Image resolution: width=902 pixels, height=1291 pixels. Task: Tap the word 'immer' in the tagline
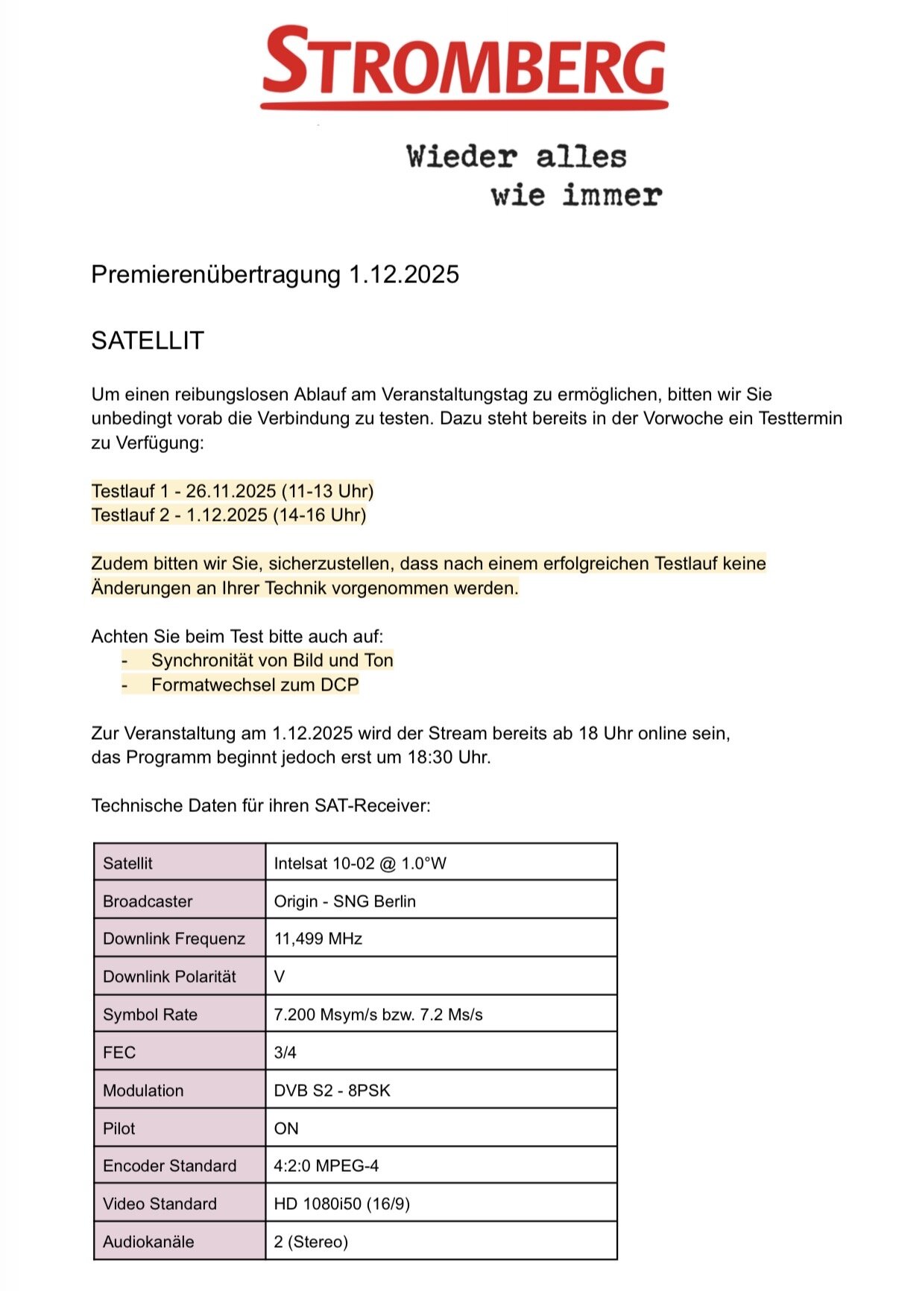pyautogui.click(x=611, y=195)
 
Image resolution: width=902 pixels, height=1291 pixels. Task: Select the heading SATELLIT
pyautogui.click(x=148, y=340)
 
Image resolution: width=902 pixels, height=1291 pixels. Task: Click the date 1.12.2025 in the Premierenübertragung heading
pyautogui.click(x=404, y=274)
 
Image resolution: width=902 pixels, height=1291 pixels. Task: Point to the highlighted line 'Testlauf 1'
pyautogui.click(x=233, y=491)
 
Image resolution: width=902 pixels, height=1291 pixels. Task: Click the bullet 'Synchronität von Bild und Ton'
pyautogui.click(x=272, y=660)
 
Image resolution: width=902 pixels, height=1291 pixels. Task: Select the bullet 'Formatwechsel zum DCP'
pyautogui.click(x=255, y=685)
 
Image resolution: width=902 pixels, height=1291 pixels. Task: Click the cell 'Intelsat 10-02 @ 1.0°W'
pyautogui.click(x=360, y=863)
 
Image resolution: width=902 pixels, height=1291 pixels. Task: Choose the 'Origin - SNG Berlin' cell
pyautogui.click(x=344, y=901)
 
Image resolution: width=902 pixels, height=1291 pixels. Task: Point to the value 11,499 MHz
pyautogui.click(x=318, y=939)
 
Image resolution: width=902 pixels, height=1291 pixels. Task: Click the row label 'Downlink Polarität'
pyautogui.click(x=169, y=977)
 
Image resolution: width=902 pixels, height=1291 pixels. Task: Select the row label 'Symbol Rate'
pyautogui.click(x=150, y=1015)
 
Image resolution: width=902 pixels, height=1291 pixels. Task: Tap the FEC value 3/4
pyautogui.click(x=285, y=1053)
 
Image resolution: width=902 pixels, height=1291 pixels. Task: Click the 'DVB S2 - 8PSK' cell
pyautogui.click(x=332, y=1091)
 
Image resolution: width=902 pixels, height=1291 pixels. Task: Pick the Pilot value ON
pyautogui.click(x=286, y=1129)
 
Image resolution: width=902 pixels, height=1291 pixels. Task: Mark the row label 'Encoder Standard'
pyautogui.click(x=169, y=1166)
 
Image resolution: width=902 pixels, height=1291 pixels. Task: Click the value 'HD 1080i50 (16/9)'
pyautogui.click(x=341, y=1204)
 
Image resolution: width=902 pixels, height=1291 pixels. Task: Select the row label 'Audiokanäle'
pyautogui.click(x=148, y=1242)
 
